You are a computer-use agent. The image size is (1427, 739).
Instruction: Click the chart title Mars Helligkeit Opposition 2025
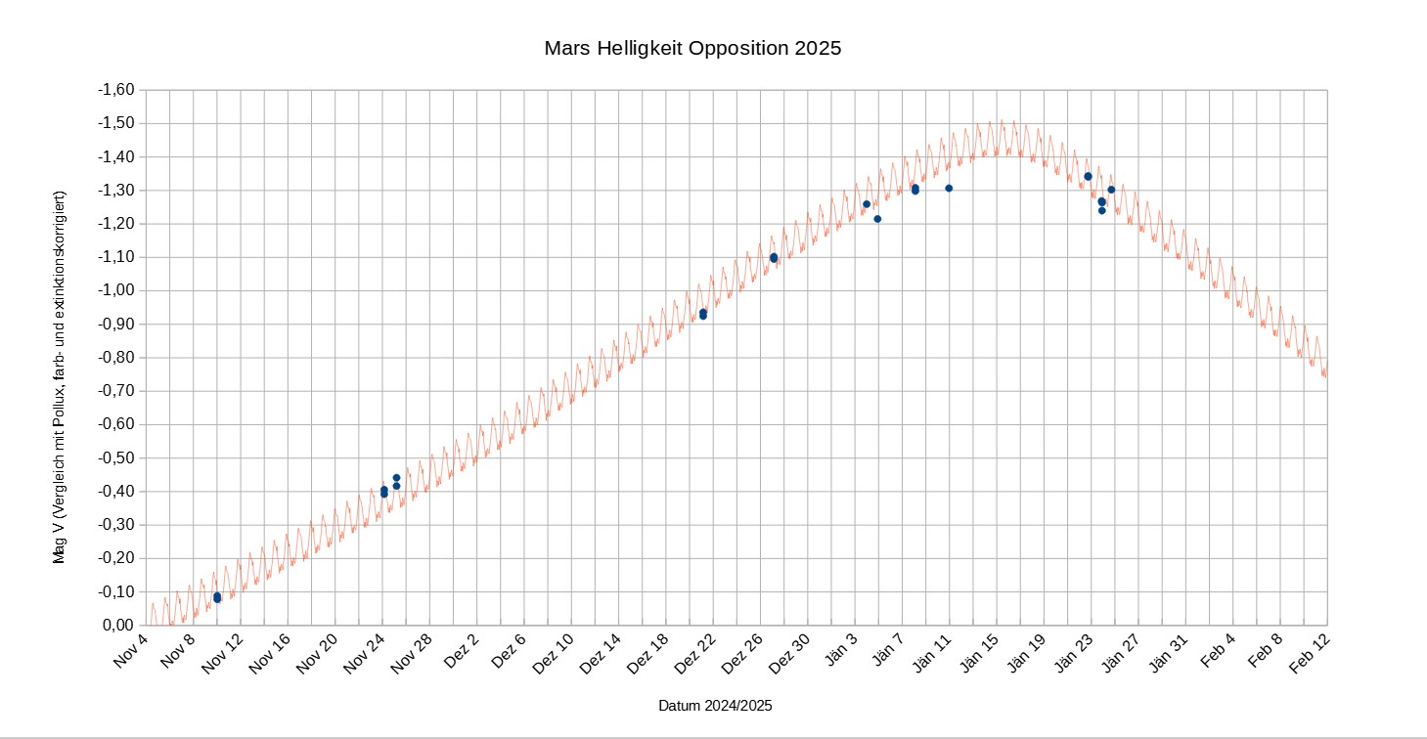[x=692, y=48]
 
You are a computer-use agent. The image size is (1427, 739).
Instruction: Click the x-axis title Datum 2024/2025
[x=722, y=705]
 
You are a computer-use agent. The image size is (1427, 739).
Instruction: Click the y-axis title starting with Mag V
[x=61, y=377]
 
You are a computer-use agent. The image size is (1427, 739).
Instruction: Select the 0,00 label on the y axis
[x=119, y=625]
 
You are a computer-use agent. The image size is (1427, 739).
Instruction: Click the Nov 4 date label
[x=131, y=651]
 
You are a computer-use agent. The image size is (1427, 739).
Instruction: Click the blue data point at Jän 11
[x=949, y=188]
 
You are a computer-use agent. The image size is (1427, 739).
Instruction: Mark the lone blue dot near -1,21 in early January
[x=877, y=219]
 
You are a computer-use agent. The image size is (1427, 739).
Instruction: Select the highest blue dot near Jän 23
[x=1088, y=176]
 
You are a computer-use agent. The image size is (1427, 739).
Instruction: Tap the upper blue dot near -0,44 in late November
[x=396, y=478]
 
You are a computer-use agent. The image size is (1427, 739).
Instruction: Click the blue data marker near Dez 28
[x=774, y=258]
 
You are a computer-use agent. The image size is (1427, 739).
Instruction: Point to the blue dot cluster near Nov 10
[x=217, y=597]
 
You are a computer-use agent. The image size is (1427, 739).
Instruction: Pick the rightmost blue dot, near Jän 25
[x=1111, y=190]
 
